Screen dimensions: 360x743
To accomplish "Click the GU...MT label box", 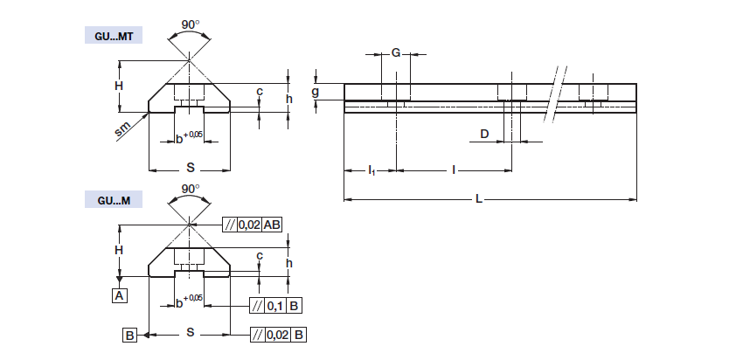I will tap(113, 36).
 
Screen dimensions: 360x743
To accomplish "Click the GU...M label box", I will tap(113, 200).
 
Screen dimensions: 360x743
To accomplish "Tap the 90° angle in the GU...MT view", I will tap(190, 24).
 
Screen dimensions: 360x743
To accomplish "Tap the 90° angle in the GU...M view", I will tap(190, 188).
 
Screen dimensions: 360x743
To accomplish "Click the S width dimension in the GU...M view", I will tap(190, 334).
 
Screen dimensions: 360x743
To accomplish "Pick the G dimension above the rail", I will tap(395, 53).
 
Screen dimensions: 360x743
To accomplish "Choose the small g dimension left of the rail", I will tap(316, 91).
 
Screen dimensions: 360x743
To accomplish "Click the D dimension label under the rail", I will tap(483, 134).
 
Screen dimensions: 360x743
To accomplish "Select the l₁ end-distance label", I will tap(371, 169).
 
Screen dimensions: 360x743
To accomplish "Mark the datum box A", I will tap(119, 295).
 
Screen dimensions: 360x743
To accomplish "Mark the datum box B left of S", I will tap(128, 334).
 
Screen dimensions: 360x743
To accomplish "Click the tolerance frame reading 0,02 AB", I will tap(253, 225).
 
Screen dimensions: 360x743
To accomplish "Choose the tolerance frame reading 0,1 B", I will tap(276, 306).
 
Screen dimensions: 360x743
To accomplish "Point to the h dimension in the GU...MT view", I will tap(288, 98).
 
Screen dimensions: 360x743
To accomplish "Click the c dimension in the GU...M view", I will tap(260, 255).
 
